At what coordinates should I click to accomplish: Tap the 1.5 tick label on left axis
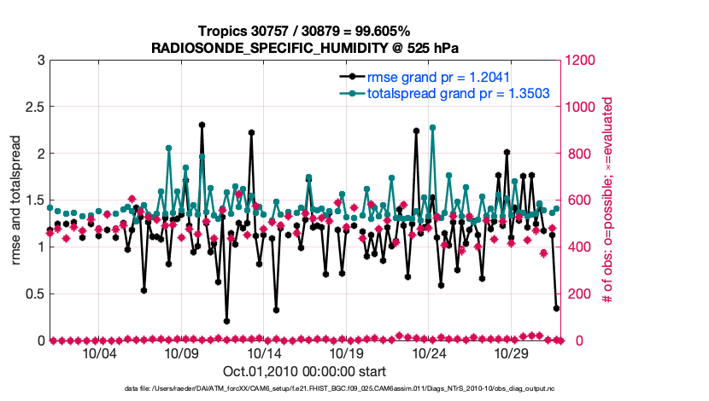(35, 200)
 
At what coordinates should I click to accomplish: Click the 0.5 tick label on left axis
(35, 294)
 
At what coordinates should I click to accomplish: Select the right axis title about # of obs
(606, 200)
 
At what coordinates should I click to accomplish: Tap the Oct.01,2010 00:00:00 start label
(305, 371)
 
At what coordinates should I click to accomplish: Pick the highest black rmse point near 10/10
(202, 125)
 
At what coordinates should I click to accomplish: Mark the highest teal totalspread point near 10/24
(432, 128)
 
